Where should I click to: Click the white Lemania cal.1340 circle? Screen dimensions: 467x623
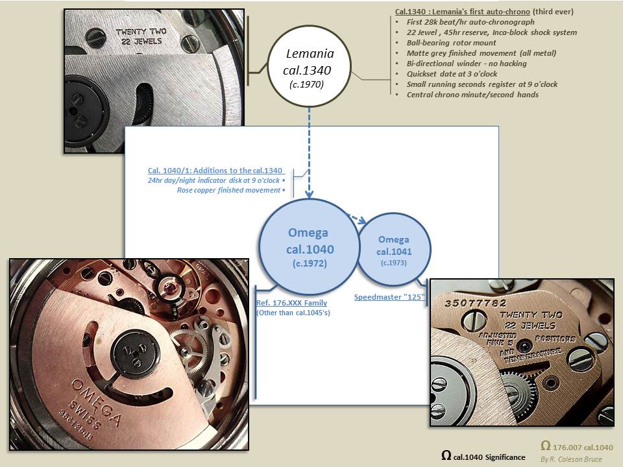[x=309, y=67]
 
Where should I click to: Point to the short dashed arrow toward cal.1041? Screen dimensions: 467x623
[x=356, y=218]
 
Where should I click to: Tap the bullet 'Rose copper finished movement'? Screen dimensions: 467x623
[x=229, y=190]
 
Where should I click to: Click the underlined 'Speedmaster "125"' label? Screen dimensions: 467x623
[x=389, y=297]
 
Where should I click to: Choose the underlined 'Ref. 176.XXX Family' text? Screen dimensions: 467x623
[x=291, y=303]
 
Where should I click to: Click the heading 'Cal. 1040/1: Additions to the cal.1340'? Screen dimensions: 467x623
[x=216, y=170]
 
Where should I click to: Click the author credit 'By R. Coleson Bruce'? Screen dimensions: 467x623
[x=570, y=459]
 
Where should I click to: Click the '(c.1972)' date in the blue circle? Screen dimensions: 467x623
[x=308, y=264]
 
